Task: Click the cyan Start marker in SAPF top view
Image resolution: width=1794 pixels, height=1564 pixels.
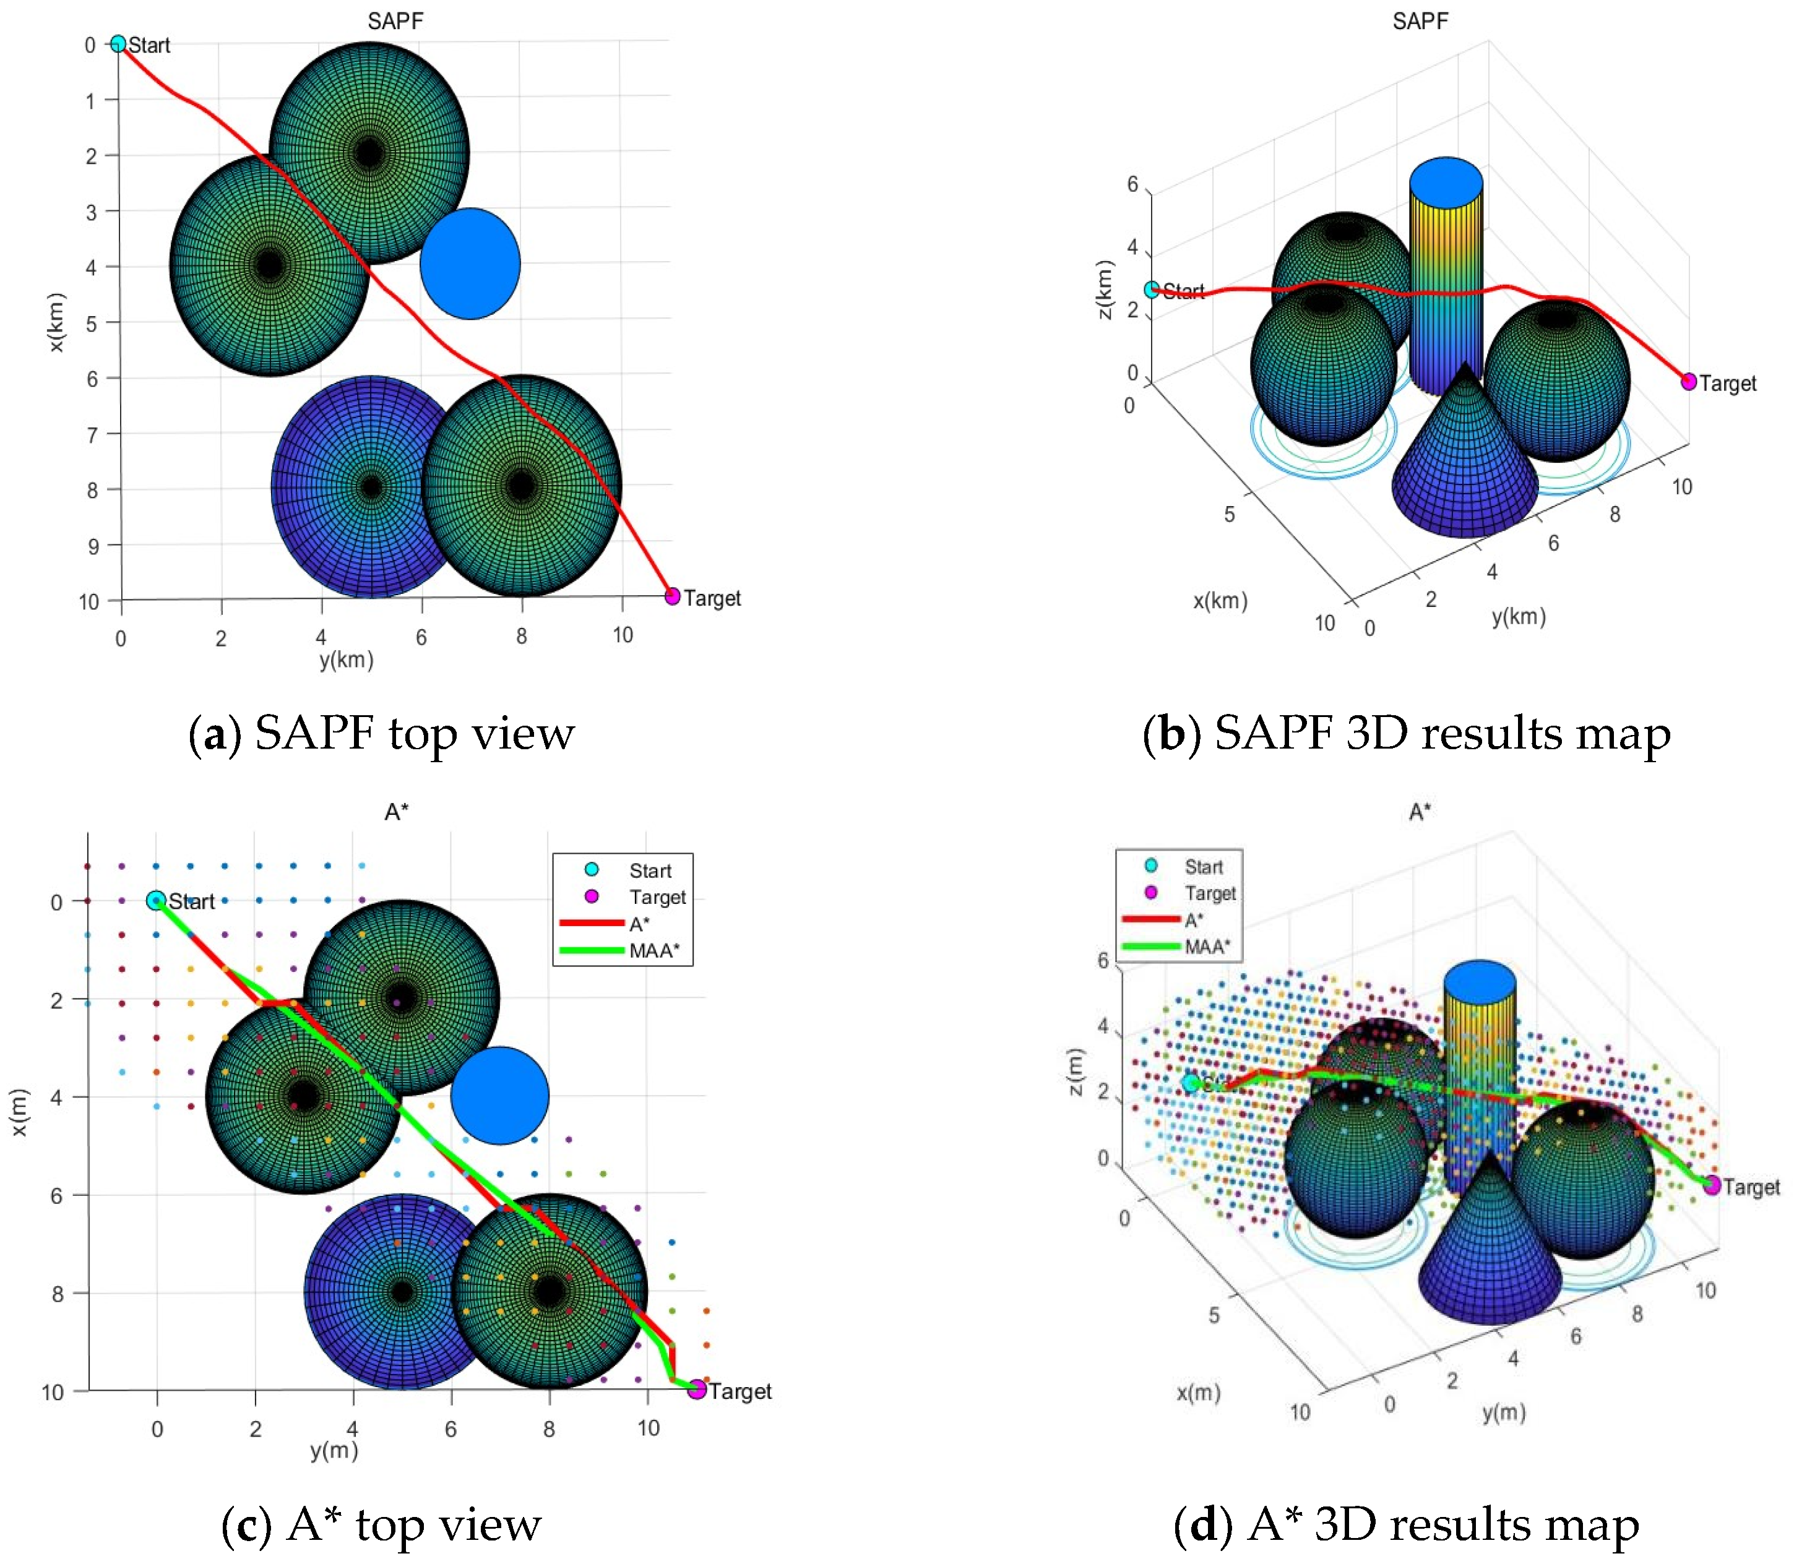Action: [118, 44]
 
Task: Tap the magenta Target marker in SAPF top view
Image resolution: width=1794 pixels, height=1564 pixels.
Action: [672, 596]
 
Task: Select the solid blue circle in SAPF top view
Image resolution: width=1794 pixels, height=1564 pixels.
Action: [470, 264]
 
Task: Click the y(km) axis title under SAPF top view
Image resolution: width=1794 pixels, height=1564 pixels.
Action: [347, 660]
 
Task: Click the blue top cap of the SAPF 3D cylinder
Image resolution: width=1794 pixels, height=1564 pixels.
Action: [1446, 183]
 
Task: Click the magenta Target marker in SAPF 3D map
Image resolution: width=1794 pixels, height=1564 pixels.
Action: [1688, 381]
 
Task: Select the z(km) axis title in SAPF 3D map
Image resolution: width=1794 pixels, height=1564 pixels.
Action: [1105, 290]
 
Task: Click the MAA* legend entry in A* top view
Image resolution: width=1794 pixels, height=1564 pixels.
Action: [654, 950]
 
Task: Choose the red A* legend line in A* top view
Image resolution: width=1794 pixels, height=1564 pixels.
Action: [591, 922]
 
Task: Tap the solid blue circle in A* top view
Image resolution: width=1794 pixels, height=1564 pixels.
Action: [500, 1095]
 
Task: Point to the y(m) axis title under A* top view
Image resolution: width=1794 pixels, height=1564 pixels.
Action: [334, 1451]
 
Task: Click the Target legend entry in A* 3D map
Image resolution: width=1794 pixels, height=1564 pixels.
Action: [1210, 893]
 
